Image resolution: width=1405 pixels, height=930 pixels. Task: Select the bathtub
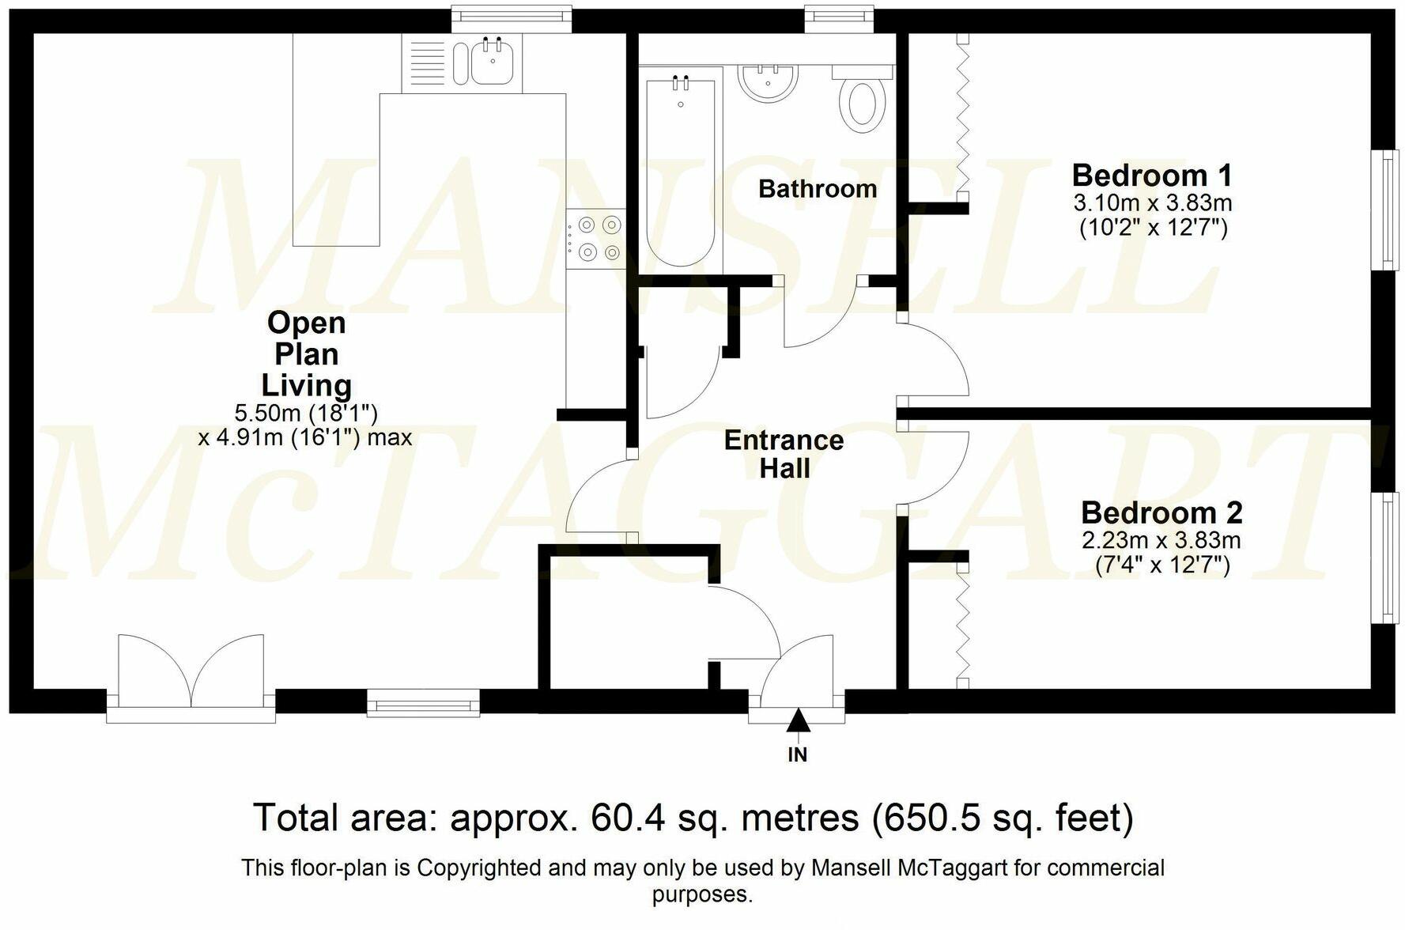pos(681,172)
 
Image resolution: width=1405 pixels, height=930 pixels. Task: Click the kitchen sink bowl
pos(493,62)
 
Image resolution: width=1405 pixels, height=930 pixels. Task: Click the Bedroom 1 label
pos(1151,174)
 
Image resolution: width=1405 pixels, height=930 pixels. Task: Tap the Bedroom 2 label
pos(1161,512)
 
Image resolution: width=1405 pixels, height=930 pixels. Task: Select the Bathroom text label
pos(817,189)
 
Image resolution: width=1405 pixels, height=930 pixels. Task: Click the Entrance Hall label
pos(784,454)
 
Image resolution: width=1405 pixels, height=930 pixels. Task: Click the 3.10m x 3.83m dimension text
pos(1152,203)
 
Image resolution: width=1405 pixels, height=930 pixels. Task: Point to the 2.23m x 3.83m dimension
pos(1161,541)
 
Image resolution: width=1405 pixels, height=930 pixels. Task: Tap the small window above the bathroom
pos(840,18)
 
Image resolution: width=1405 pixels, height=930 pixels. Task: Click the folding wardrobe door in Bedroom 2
pos(963,625)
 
